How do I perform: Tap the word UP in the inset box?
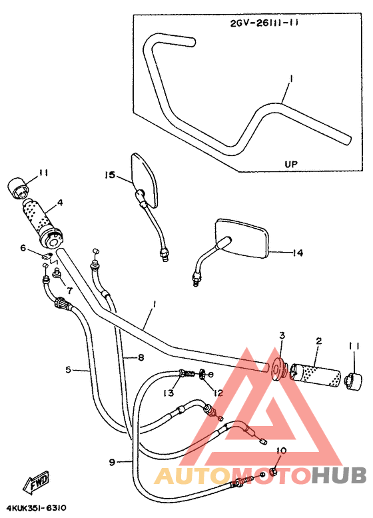[291, 163]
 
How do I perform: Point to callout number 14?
[298, 253]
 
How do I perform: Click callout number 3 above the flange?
[282, 335]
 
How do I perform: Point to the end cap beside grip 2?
[350, 377]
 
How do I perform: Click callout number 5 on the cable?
[69, 369]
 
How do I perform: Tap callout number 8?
[141, 357]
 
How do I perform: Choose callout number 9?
[113, 461]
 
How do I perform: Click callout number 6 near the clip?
[23, 248]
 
